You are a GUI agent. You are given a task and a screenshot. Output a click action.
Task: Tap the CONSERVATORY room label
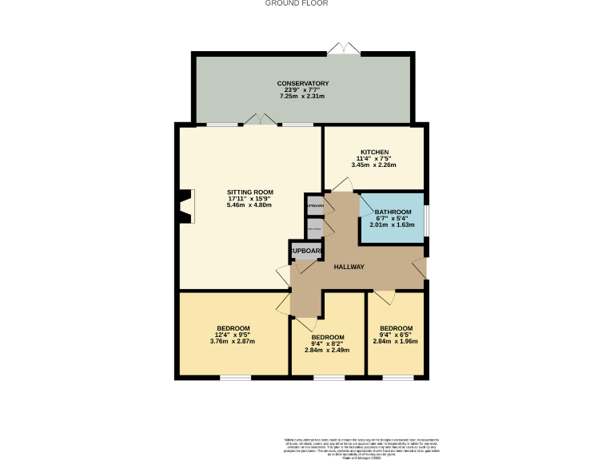click(303, 83)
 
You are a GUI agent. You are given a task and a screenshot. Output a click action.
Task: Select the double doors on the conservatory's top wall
click(343, 50)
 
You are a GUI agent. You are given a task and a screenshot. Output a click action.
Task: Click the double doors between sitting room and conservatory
click(261, 120)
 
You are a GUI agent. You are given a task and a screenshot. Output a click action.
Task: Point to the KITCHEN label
click(374, 152)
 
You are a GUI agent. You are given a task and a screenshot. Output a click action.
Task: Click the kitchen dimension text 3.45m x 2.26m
click(374, 165)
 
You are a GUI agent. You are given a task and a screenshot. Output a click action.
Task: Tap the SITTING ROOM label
click(250, 192)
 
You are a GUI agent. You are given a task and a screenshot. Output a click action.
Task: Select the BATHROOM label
click(393, 212)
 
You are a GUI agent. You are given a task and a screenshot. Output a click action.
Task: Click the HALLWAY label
click(349, 267)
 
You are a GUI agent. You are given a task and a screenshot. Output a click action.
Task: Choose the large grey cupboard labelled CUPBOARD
click(306, 251)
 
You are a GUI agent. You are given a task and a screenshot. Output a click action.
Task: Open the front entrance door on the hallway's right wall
click(420, 268)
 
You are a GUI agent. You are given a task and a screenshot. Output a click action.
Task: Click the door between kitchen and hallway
click(340, 185)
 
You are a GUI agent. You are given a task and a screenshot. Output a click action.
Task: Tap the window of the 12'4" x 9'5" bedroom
click(236, 377)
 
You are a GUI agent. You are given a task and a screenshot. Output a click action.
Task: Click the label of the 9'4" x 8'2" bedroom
click(328, 337)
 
